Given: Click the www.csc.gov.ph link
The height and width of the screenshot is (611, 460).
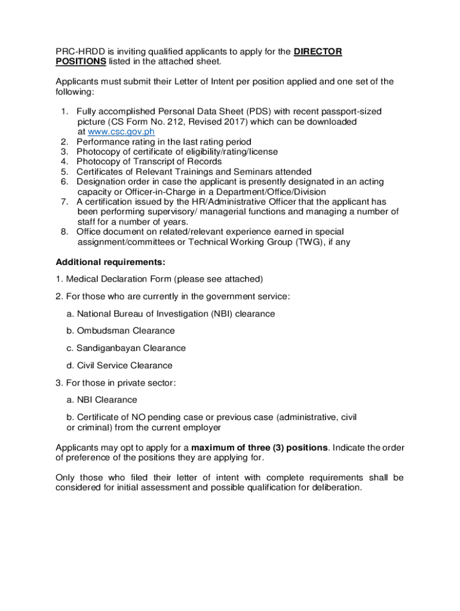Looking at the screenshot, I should pyautogui.click(x=121, y=132).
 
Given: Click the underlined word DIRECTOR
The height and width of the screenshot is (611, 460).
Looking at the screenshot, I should pyautogui.click(x=318, y=52).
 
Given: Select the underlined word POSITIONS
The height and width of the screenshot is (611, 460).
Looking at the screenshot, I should pyautogui.click(x=81, y=61).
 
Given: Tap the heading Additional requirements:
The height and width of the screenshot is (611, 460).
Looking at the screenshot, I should pyautogui.click(x=111, y=262).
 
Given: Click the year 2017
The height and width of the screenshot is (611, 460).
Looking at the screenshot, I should pyautogui.click(x=229, y=122).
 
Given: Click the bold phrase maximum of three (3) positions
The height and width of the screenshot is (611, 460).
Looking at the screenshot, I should pyautogui.click(x=259, y=448).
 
